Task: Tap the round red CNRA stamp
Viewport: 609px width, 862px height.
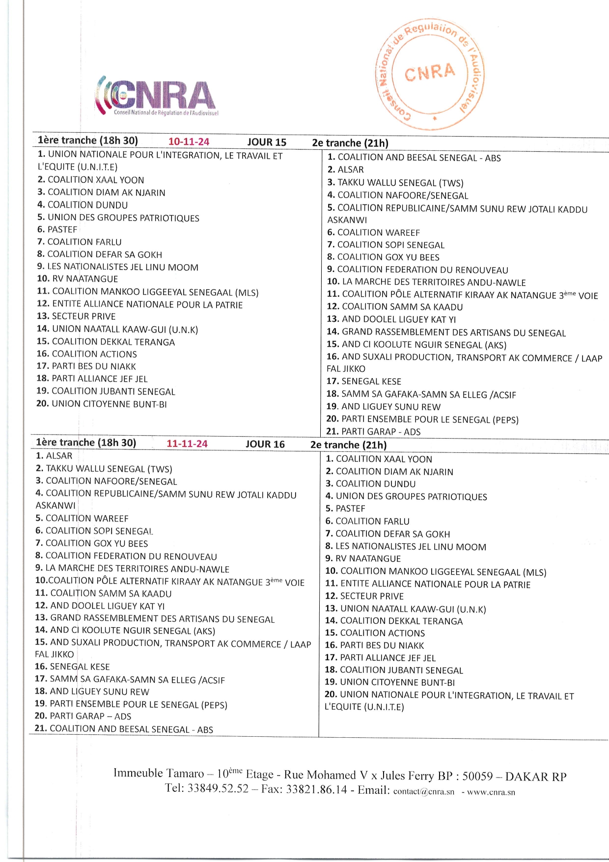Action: [430, 74]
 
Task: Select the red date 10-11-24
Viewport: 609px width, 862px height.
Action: [189, 142]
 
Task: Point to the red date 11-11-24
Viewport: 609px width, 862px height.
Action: [187, 444]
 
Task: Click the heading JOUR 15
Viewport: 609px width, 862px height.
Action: [267, 142]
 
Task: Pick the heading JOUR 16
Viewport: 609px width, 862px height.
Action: [265, 445]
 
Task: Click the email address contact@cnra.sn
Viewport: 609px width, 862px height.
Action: [424, 792]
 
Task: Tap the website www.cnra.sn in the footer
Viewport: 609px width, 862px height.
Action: [491, 792]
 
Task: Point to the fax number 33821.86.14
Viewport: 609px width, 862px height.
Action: [316, 790]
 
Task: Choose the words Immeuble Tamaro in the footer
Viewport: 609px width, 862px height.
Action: [158, 773]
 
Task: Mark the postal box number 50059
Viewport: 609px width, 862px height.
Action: [477, 776]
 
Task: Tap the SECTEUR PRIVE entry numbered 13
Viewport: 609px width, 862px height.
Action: [83, 316]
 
